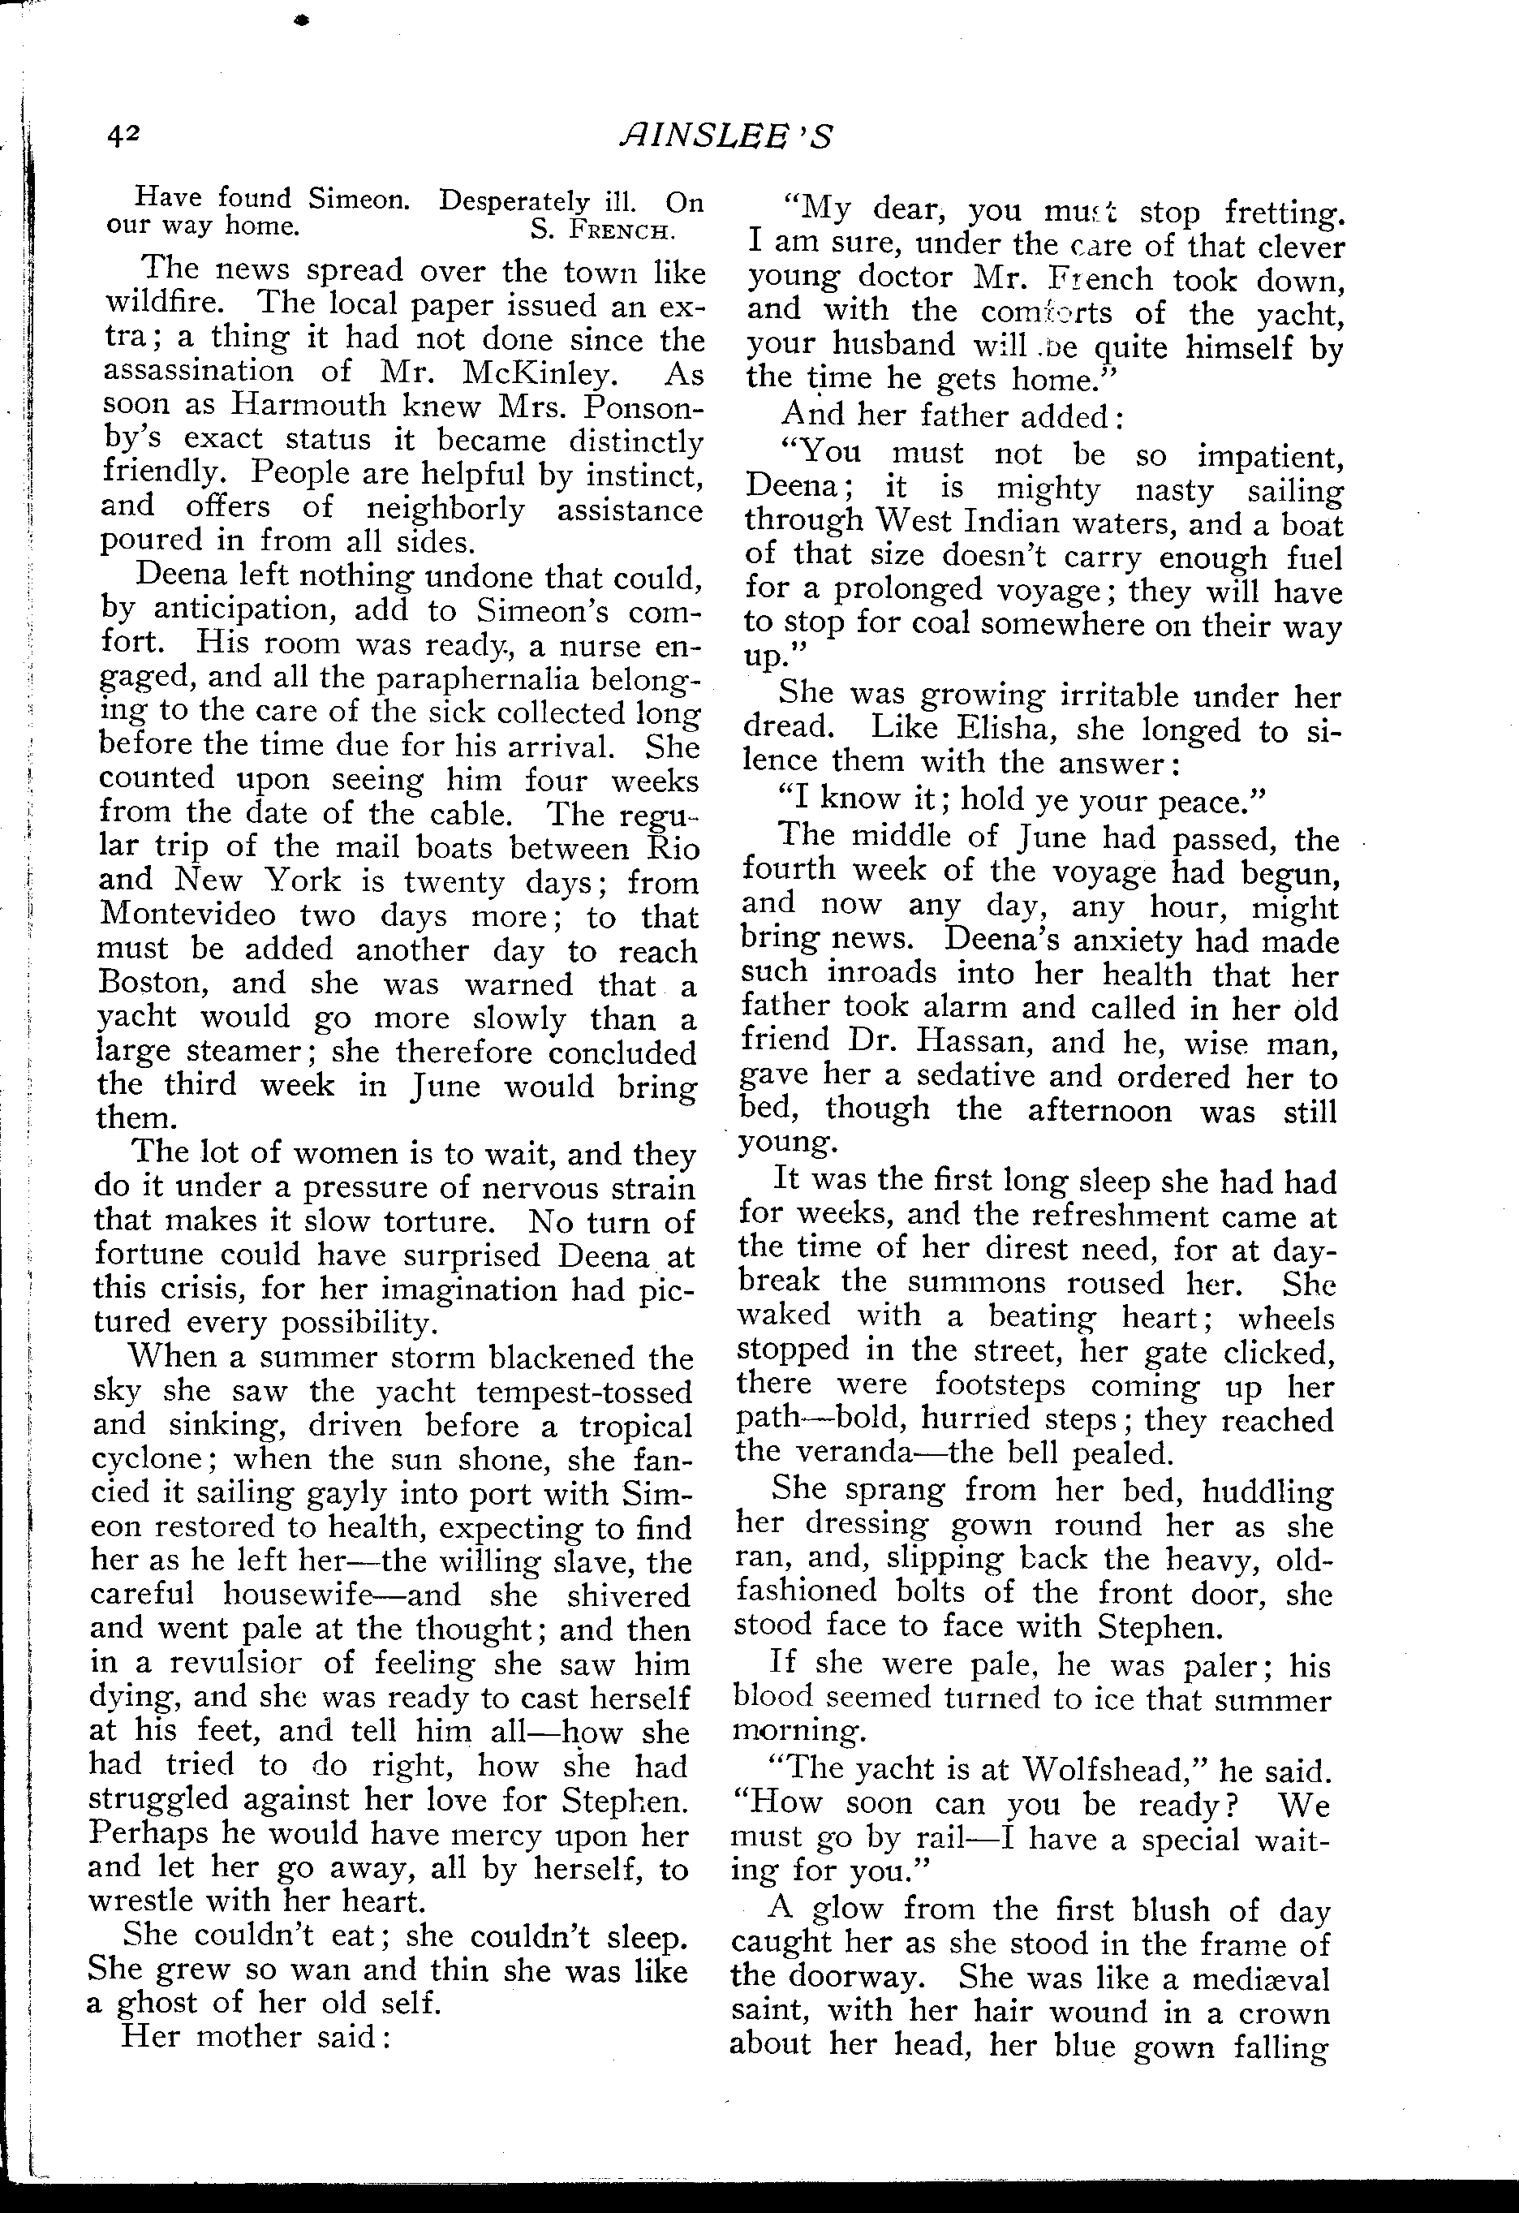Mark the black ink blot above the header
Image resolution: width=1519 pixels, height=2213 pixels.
click(303, 19)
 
